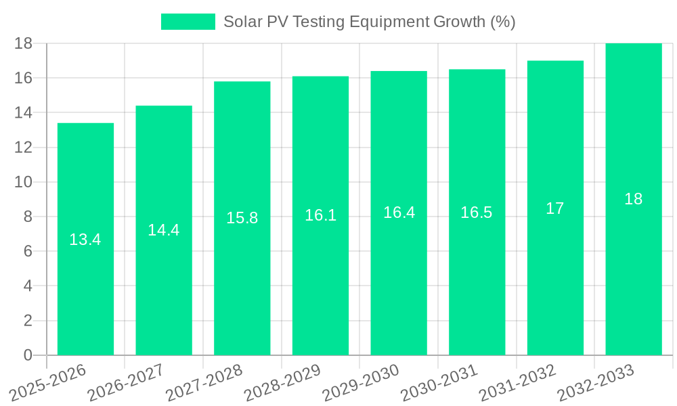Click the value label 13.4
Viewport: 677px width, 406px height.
(85, 240)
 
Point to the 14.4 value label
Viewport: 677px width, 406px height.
(164, 230)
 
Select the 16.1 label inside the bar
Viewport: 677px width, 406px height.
(320, 215)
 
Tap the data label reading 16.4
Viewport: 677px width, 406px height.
(399, 212)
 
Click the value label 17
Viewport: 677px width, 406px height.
(555, 208)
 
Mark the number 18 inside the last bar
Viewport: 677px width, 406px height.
(633, 199)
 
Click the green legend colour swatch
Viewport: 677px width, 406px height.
(188, 22)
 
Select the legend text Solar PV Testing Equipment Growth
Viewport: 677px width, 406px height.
(369, 22)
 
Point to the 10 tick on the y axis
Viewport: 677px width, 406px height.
(24, 182)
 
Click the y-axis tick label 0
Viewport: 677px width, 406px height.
(28, 355)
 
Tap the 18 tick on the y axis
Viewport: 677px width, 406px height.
(24, 43)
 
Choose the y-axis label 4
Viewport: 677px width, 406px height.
(28, 286)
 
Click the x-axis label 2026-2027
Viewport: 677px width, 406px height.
(126, 382)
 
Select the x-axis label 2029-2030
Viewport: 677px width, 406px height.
(361, 382)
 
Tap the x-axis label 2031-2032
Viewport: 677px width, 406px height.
(517, 382)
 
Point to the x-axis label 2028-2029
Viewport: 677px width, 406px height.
(282, 382)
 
